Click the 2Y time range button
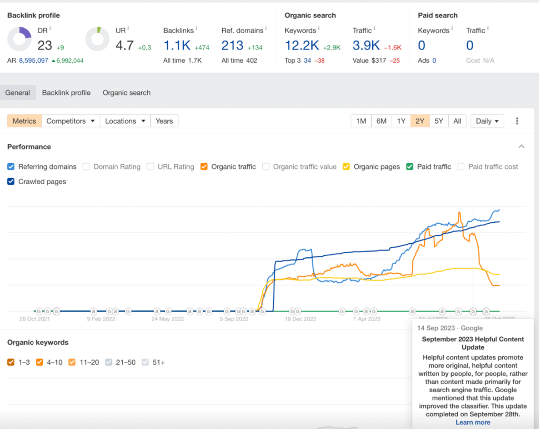(x=420, y=121)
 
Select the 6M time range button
(x=381, y=121)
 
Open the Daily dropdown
(x=487, y=121)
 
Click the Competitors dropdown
(x=71, y=121)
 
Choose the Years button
(x=164, y=121)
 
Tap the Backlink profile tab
(x=66, y=93)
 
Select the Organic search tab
(x=126, y=93)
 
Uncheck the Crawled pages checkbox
(x=11, y=182)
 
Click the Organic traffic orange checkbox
(x=204, y=167)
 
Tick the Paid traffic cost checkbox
(x=461, y=167)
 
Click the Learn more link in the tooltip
(x=473, y=422)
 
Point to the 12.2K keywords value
(x=302, y=46)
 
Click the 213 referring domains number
(x=232, y=46)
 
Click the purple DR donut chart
(x=20, y=39)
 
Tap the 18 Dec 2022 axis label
(x=300, y=319)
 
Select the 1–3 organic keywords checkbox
(x=11, y=362)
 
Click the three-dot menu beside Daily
(x=517, y=121)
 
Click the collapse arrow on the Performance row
(x=521, y=147)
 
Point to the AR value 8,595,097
(x=34, y=61)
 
